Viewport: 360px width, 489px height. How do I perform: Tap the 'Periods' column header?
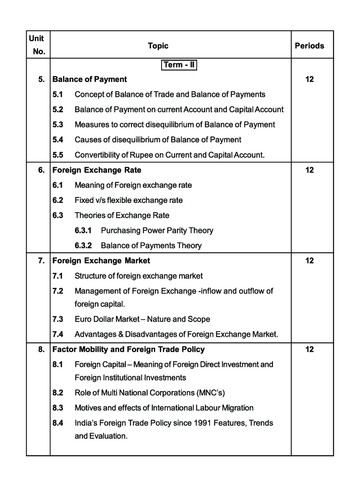click(309, 45)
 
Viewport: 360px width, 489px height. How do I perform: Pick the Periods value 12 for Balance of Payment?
click(309, 79)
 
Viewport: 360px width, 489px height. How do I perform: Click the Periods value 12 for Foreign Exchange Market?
click(309, 261)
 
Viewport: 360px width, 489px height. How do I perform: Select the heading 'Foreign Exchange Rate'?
click(97, 170)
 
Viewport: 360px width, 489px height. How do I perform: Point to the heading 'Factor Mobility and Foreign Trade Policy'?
click(129, 350)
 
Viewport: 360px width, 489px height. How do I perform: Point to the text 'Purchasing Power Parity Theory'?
click(157, 231)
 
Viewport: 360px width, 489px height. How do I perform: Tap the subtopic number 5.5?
click(58, 155)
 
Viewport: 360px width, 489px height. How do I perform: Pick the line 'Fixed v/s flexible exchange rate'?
click(129, 200)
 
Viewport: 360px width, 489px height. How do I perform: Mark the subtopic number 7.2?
click(58, 291)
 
